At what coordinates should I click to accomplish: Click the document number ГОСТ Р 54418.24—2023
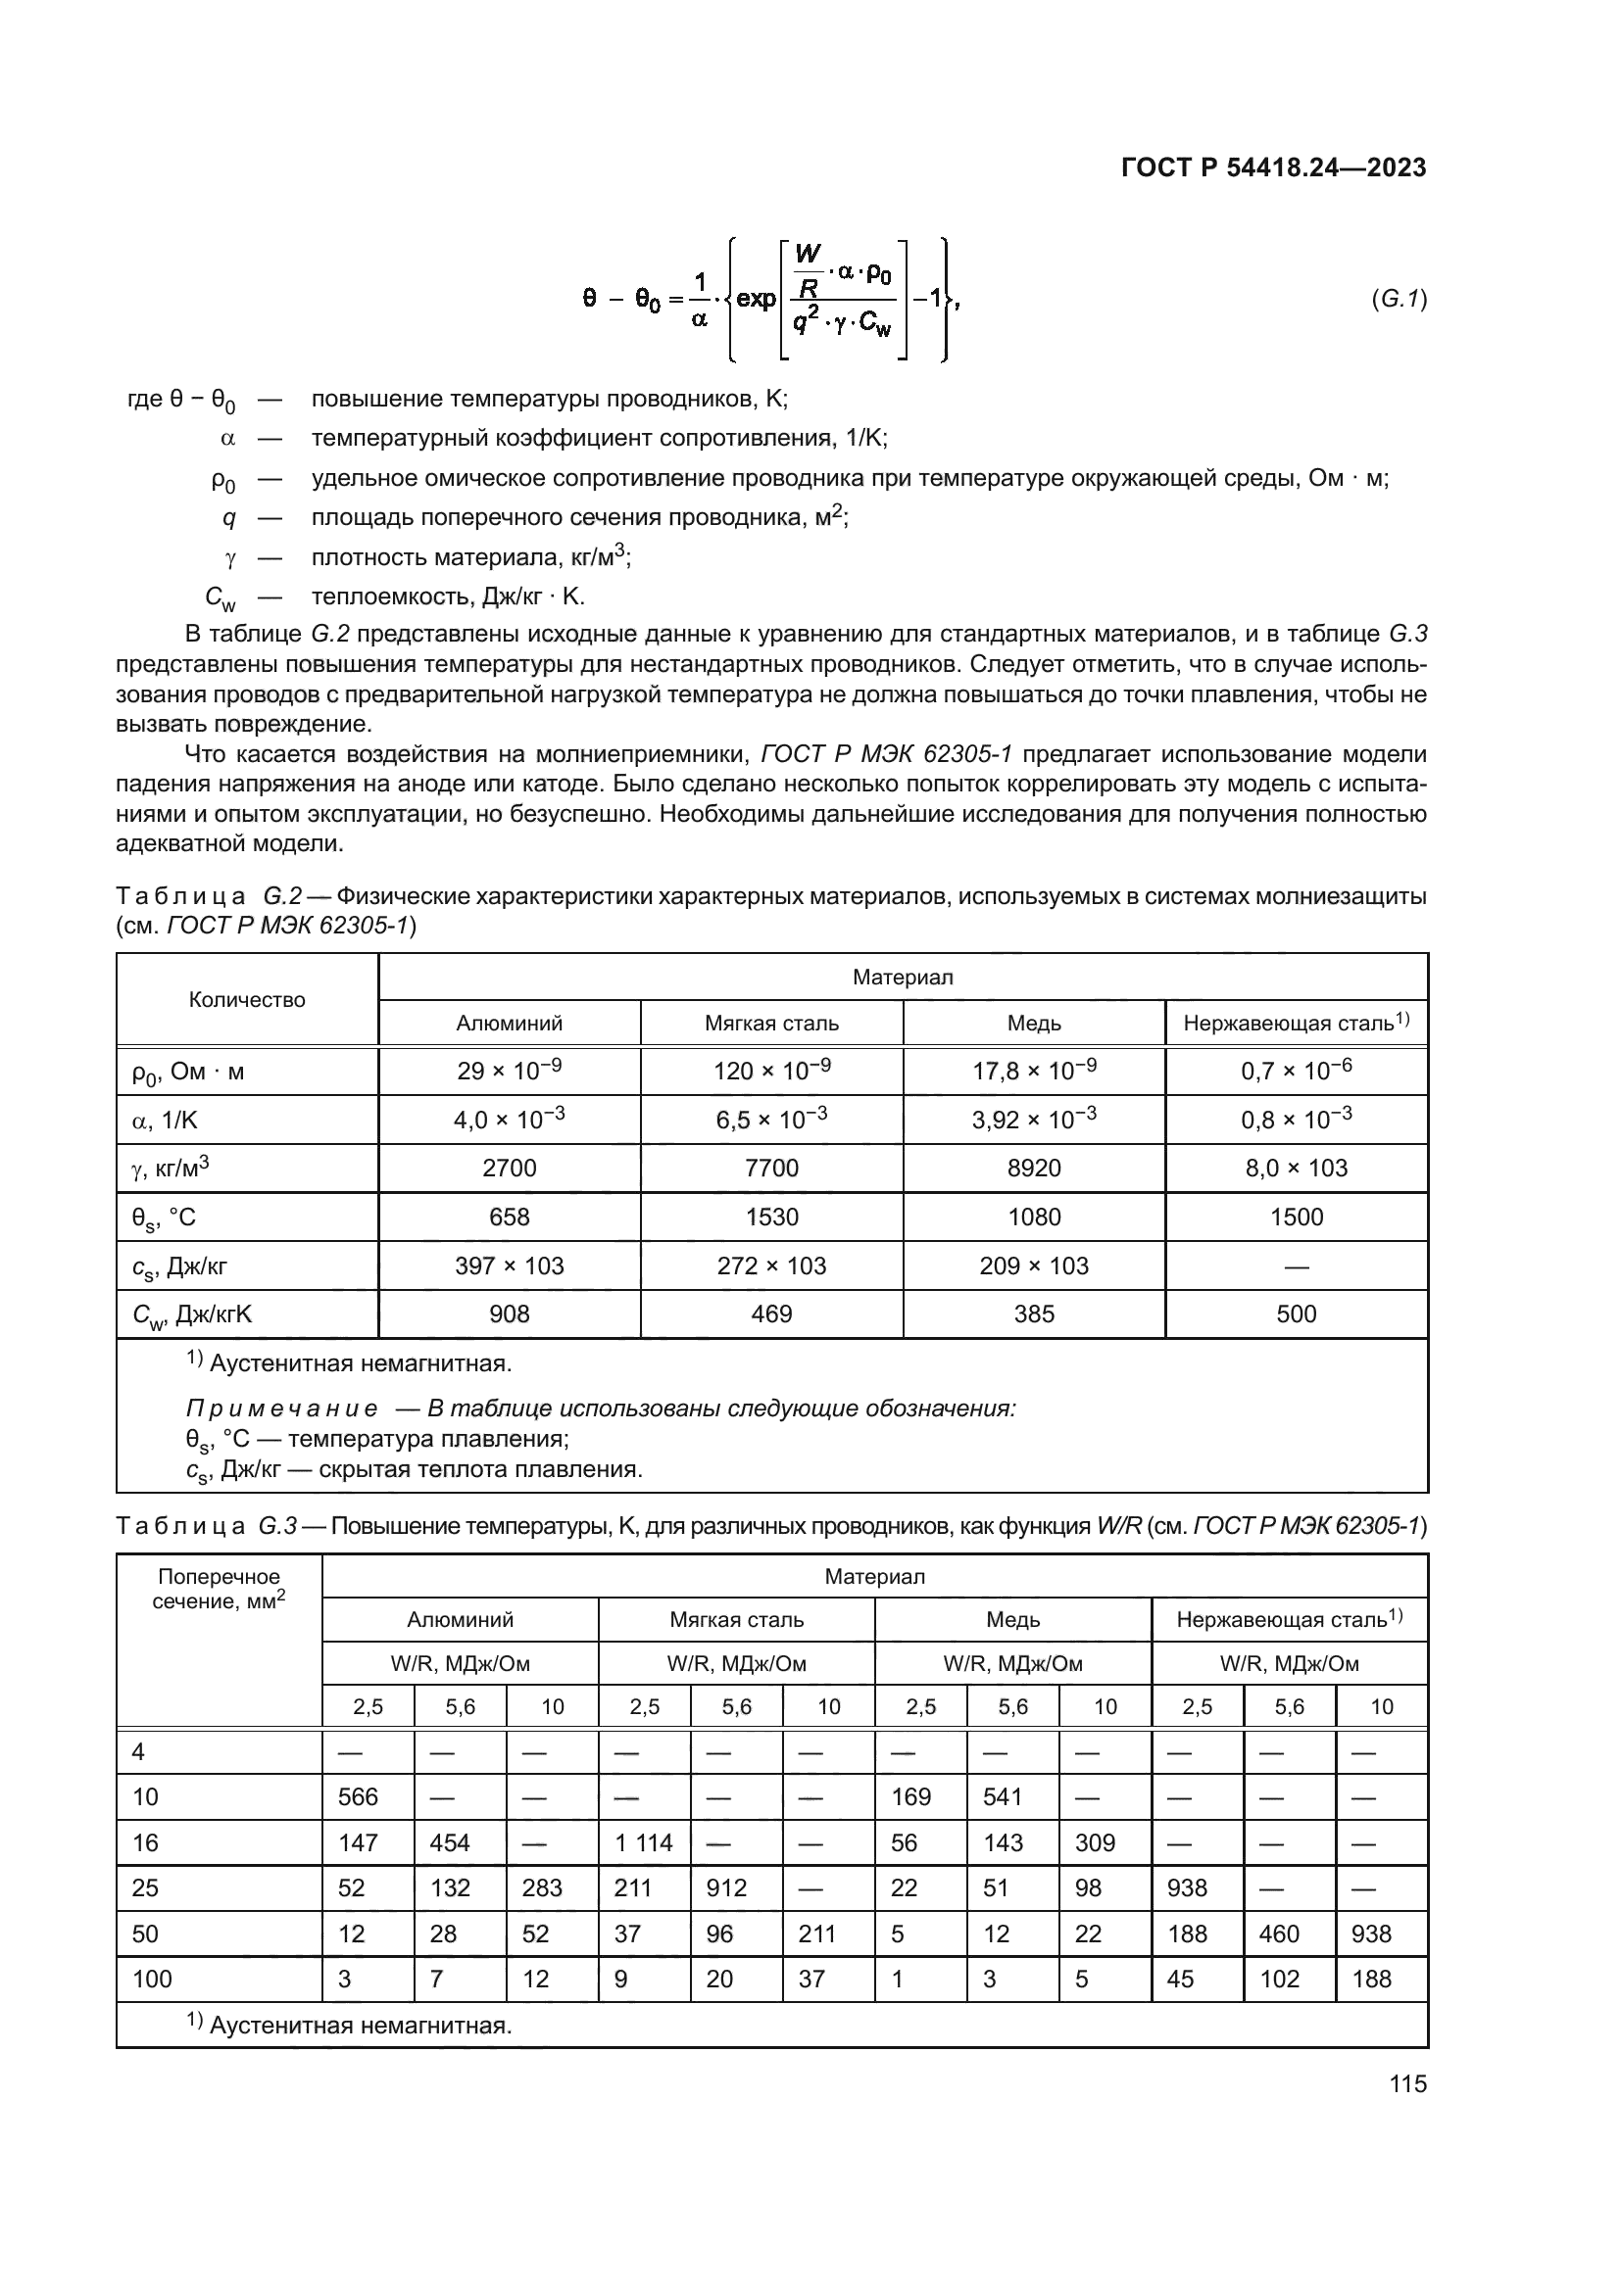pos(1273,167)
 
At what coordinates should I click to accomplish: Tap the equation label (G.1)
pos(1399,299)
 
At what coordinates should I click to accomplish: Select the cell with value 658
pos(509,1217)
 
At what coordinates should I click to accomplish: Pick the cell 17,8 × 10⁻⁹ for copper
pos(1034,1072)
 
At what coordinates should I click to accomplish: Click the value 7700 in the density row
pos(771,1169)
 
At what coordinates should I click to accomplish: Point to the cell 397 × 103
pos(509,1266)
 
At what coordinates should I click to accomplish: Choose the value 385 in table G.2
pos(1034,1314)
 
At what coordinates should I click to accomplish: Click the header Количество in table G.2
pos(247,1000)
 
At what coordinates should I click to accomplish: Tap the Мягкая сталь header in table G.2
pos(771,1024)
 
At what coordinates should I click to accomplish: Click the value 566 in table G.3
pos(359,1797)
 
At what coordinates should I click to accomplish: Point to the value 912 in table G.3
pos(726,1887)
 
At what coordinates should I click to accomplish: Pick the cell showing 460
pos(1279,1933)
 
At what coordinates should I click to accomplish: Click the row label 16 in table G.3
pos(146,1843)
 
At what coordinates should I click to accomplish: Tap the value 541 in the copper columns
pos(1003,1797)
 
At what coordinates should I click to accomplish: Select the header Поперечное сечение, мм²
pos(219,1589)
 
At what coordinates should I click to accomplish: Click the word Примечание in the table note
pos(281,1408)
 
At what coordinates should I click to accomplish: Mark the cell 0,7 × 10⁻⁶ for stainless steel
pos(1296,1072)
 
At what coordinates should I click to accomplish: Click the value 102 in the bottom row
pos(1279,1979)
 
